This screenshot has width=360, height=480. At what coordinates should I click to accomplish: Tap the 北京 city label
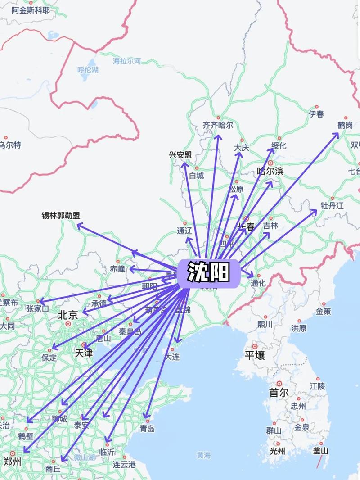(68, 315)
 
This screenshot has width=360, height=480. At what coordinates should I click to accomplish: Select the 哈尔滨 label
(270, 171)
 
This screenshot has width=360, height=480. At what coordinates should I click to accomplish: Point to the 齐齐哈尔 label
(218, 126)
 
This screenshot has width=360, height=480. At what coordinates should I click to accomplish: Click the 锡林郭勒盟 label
(61, 216)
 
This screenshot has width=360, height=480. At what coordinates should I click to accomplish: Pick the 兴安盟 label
(180, 155)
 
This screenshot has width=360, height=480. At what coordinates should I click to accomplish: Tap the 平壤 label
(254, 355)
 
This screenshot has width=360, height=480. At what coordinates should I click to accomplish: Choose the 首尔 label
(279, 392)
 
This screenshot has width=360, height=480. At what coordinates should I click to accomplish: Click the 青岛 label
(147, 428)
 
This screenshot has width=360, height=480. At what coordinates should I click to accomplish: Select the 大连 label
(171, 357)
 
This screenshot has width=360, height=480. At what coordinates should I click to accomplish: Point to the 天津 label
(84, 353)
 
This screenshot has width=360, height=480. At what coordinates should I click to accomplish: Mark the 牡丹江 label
(332, 206)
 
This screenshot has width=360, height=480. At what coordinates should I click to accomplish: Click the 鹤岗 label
(345, 126)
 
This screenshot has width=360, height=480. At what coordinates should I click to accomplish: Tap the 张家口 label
(37, 308)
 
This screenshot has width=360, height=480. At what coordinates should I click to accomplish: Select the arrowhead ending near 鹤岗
(338, 134)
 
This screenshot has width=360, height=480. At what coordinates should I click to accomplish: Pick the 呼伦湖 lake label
(88, 70)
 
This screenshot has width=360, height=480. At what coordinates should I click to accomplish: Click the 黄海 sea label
(203, 455)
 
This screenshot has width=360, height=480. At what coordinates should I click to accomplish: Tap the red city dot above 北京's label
(68, 323)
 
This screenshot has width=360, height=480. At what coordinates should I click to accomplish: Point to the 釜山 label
(321, 451)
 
